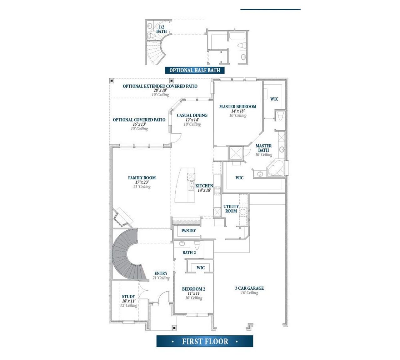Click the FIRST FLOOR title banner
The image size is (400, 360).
205,341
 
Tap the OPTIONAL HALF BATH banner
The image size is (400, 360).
195,70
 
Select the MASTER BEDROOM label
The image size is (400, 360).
237,107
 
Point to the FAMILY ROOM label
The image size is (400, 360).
142,178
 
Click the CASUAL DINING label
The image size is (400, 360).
192,115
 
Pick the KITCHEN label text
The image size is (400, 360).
204,186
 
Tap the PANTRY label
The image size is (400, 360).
188,231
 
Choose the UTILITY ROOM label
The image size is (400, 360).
231,209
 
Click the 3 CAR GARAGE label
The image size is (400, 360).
249,288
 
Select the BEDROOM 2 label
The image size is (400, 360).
193,289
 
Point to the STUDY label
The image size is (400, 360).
128,297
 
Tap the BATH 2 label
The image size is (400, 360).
189,252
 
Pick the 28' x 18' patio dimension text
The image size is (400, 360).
160,90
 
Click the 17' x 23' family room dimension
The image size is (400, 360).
142,182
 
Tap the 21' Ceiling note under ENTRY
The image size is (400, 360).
161,278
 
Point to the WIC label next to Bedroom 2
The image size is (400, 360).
201,268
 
